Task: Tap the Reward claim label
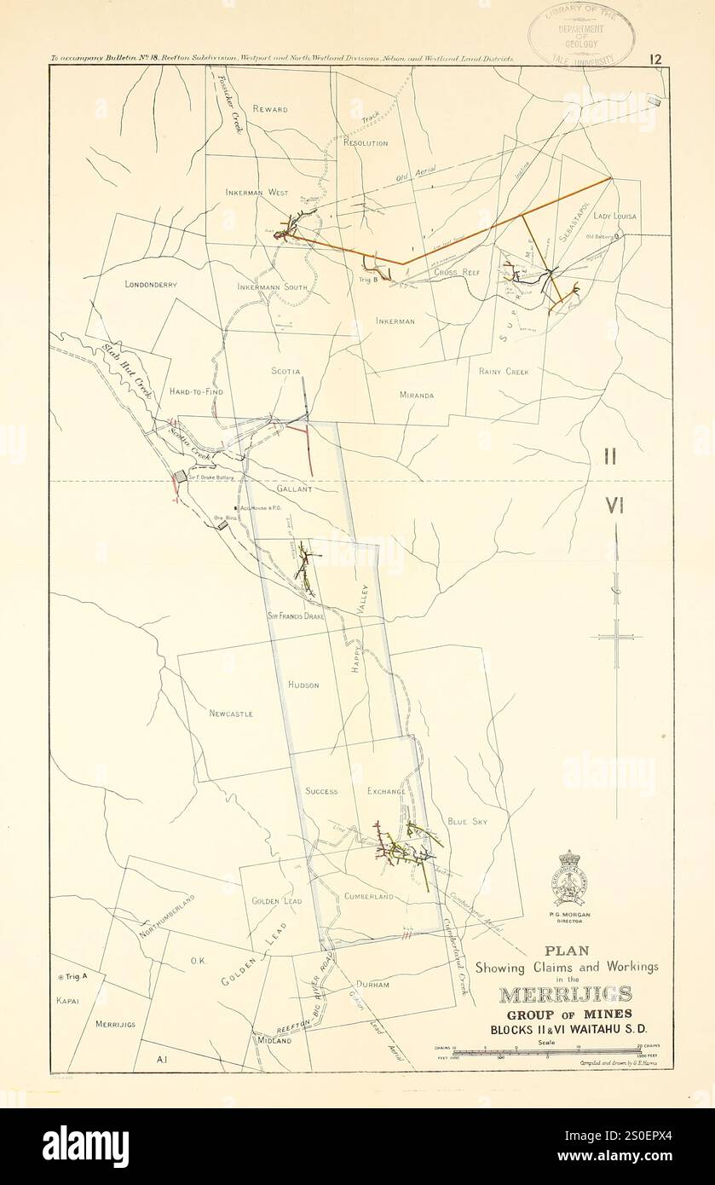tap(270, 109)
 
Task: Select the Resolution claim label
tap(366, 143)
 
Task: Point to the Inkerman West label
tap(257, 193)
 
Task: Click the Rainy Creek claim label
tap(504, 372)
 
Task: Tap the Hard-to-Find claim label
tap(195, 391)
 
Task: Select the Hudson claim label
tap(303, 685)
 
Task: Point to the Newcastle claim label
tap(231, 713)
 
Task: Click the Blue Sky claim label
tap(467, 822)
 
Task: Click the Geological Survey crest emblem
tap(571, 878)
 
